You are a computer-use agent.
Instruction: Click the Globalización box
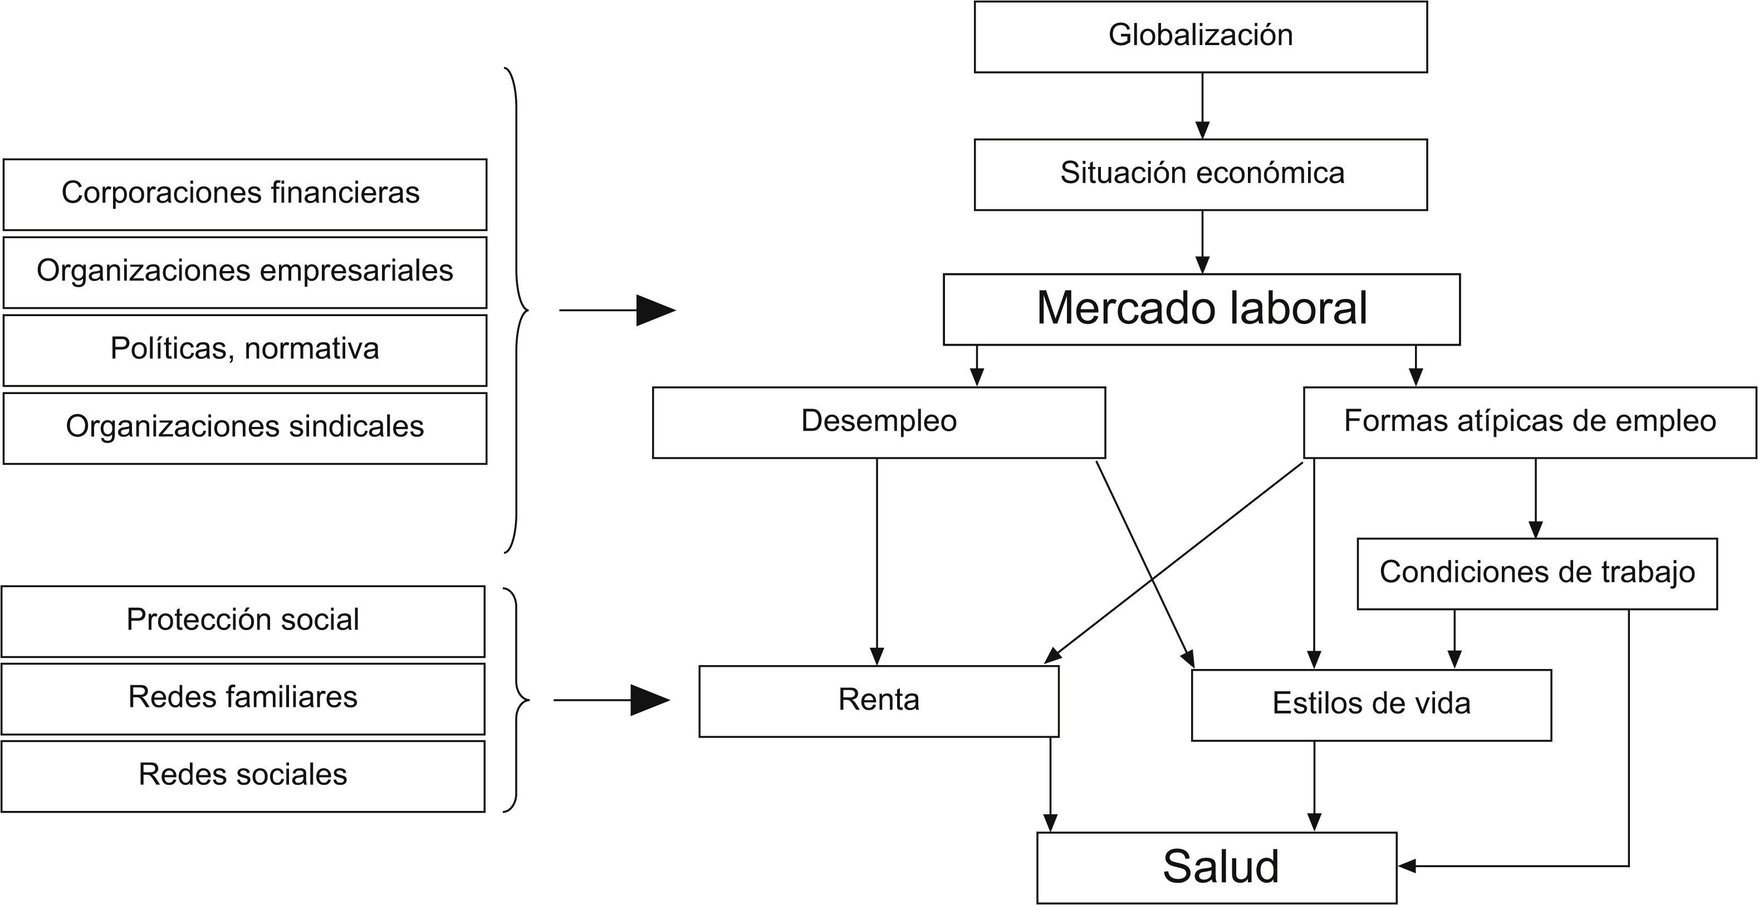(x=1201, y=37)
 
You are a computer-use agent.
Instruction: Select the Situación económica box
(x=1201, y=175)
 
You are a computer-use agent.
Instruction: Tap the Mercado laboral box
(x=1201, y=309)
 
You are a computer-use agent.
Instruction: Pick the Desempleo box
(x=878, y=422)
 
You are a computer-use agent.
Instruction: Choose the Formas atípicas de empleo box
(x=1529, y=422)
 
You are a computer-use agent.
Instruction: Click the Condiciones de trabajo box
(x=1537, y=573)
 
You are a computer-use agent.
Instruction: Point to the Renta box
(x=878, y=701)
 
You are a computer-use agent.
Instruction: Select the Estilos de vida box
(x=1371, y=705)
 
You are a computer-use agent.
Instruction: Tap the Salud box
(x=1217, y=868)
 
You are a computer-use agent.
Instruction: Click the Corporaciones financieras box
(x=244, y=194)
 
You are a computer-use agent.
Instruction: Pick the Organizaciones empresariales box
(x=244, y=272)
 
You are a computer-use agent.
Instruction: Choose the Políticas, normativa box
(x=244, y=350)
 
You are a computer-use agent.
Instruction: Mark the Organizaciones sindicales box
(x=244, y=427)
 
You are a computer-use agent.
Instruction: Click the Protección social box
(x=243, y=621)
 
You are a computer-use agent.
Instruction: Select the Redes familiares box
(x=243, y=699)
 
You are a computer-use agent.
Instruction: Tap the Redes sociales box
(x=243, y=776)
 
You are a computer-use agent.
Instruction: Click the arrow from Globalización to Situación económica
(x=1202, y=106)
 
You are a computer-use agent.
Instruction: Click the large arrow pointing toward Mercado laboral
(x=617, y=311)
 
